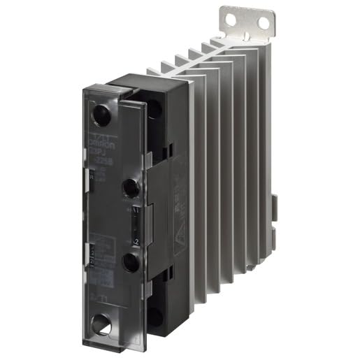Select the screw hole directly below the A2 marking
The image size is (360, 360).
click(x=129, y=263)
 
